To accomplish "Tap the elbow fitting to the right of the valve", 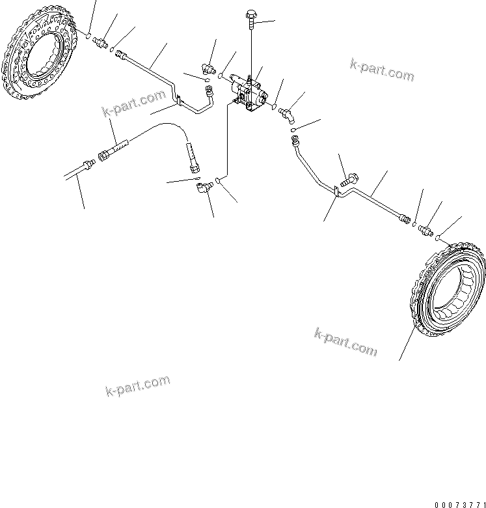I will point(287,115).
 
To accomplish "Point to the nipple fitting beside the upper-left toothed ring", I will point(101,43).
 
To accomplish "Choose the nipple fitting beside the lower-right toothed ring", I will point(426,229).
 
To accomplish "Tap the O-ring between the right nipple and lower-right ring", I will point(439,237).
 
